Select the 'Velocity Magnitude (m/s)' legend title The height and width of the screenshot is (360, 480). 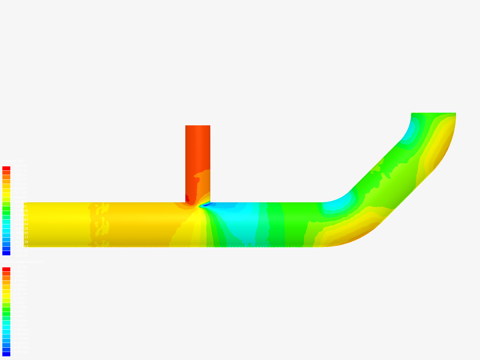click(x=23, y=262)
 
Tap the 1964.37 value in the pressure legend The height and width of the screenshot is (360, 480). click(x=20, y=166)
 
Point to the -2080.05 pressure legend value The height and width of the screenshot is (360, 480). click(x=21, y=255)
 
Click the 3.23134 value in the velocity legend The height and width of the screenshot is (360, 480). click(x=20, y=267)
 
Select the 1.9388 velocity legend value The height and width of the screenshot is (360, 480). click(x=19, y=303)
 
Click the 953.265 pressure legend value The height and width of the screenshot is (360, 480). click(x=20, y=188)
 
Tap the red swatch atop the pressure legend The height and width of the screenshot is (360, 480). click(x=6, y=168)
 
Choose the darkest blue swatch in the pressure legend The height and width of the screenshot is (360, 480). click(x=6, y=253)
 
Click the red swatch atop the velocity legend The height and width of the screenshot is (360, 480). click(x=6, y=269)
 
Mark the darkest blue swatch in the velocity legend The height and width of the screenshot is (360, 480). click(x=6, y=354)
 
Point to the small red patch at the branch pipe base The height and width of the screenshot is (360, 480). click(x=187, y=199)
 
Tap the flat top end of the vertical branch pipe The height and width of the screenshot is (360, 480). click(x=198, y=126)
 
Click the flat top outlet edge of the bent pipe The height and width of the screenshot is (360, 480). click(x=433, y=113)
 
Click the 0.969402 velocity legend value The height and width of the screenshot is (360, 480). click(x=21, y=330)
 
